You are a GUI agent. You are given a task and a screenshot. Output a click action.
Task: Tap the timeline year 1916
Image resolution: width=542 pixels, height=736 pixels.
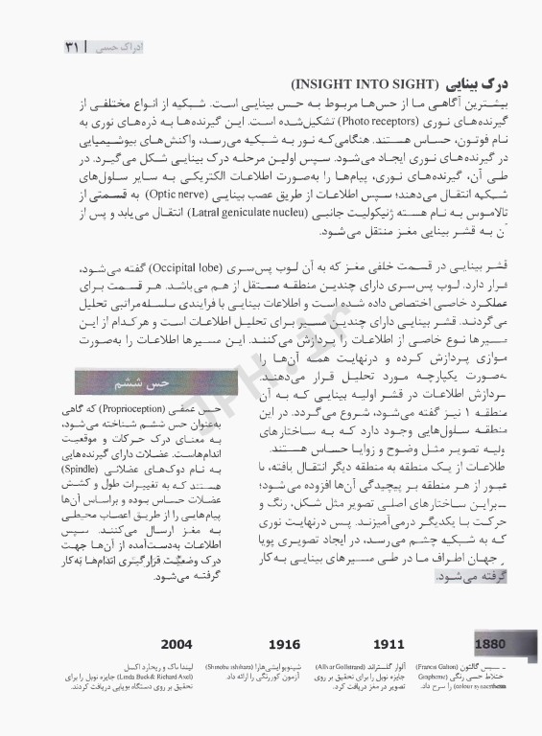[283, 643]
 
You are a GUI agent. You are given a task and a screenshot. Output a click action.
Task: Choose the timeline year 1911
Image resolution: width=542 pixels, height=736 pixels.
[388, 643]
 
